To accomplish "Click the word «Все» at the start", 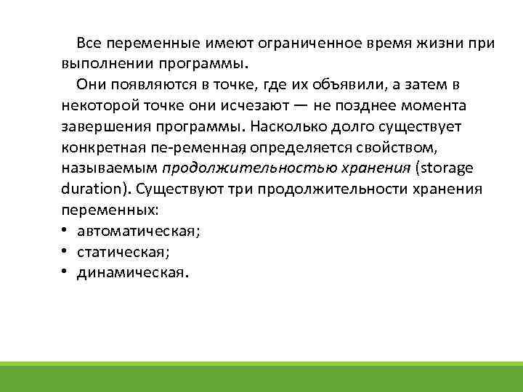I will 89,43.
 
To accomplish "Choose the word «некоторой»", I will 100,106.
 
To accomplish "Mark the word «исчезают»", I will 256,106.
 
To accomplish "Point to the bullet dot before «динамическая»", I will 65,273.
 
